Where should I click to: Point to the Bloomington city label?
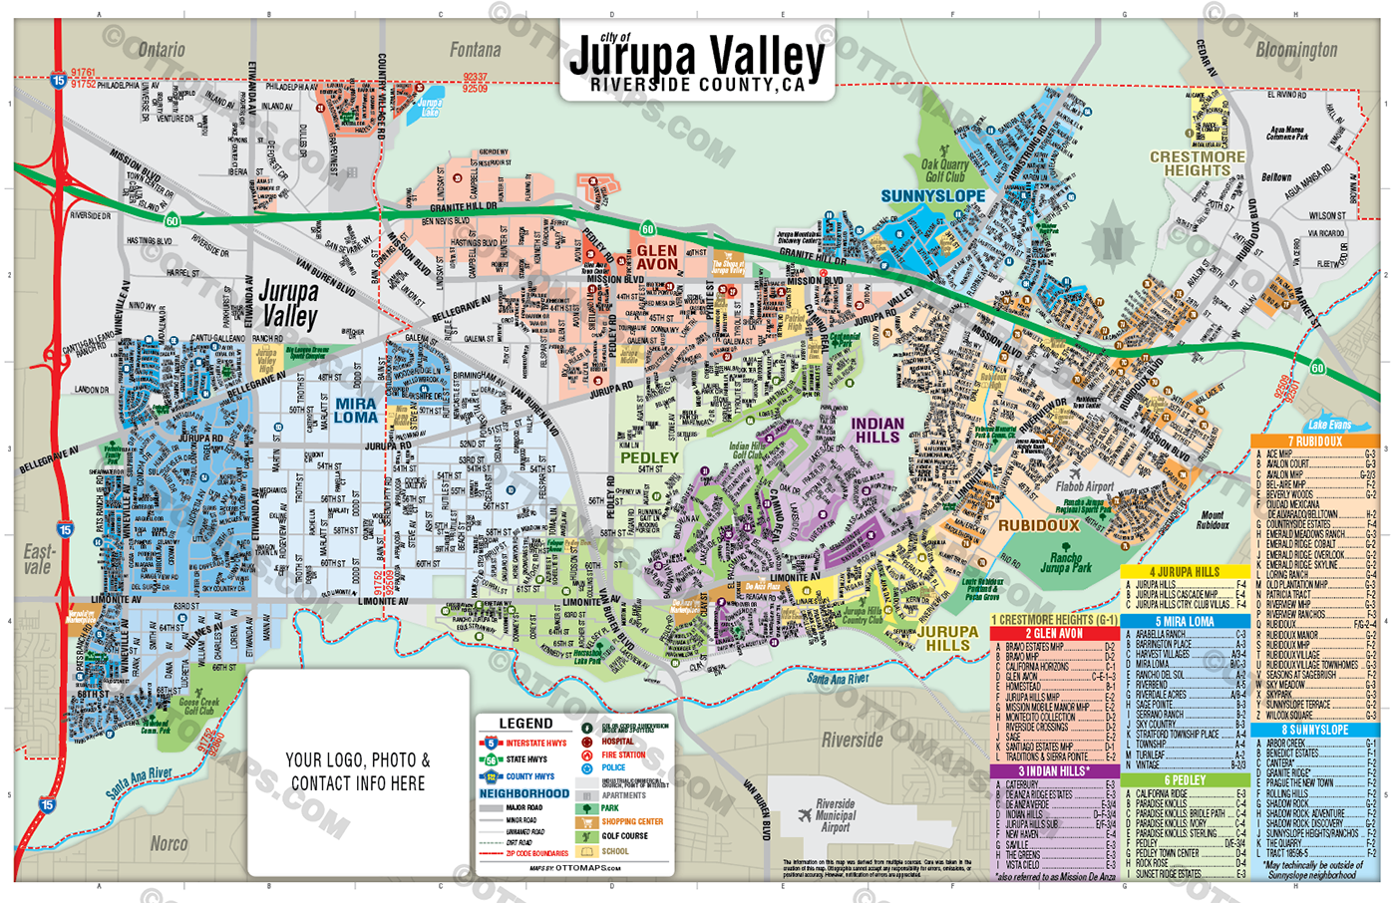click(x=1295, y=49)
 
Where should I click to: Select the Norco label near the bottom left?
click(x=169, y=843)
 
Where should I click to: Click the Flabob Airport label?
click(x=1084, y=487)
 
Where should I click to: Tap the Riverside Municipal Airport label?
click(x=835, y=815)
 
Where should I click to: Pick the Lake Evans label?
click(x=1329, y=425)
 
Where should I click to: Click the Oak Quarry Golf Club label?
click(x=943, y=170)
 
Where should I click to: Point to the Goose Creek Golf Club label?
click(x=199, y=706)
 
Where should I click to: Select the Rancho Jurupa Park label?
click(x=1066, y=562)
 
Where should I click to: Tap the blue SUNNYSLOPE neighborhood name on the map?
click(x=932, y=196)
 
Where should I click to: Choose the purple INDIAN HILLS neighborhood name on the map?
click(x=877, y=431)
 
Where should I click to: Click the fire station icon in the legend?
click(x=587, y=755)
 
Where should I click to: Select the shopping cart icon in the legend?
click(x=587, y=822)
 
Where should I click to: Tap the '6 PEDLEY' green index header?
click(x=1185, y=780)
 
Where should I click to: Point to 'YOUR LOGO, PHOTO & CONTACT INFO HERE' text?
click(x=358, y=772)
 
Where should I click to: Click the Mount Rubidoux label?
click(x=1213, y=520)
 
